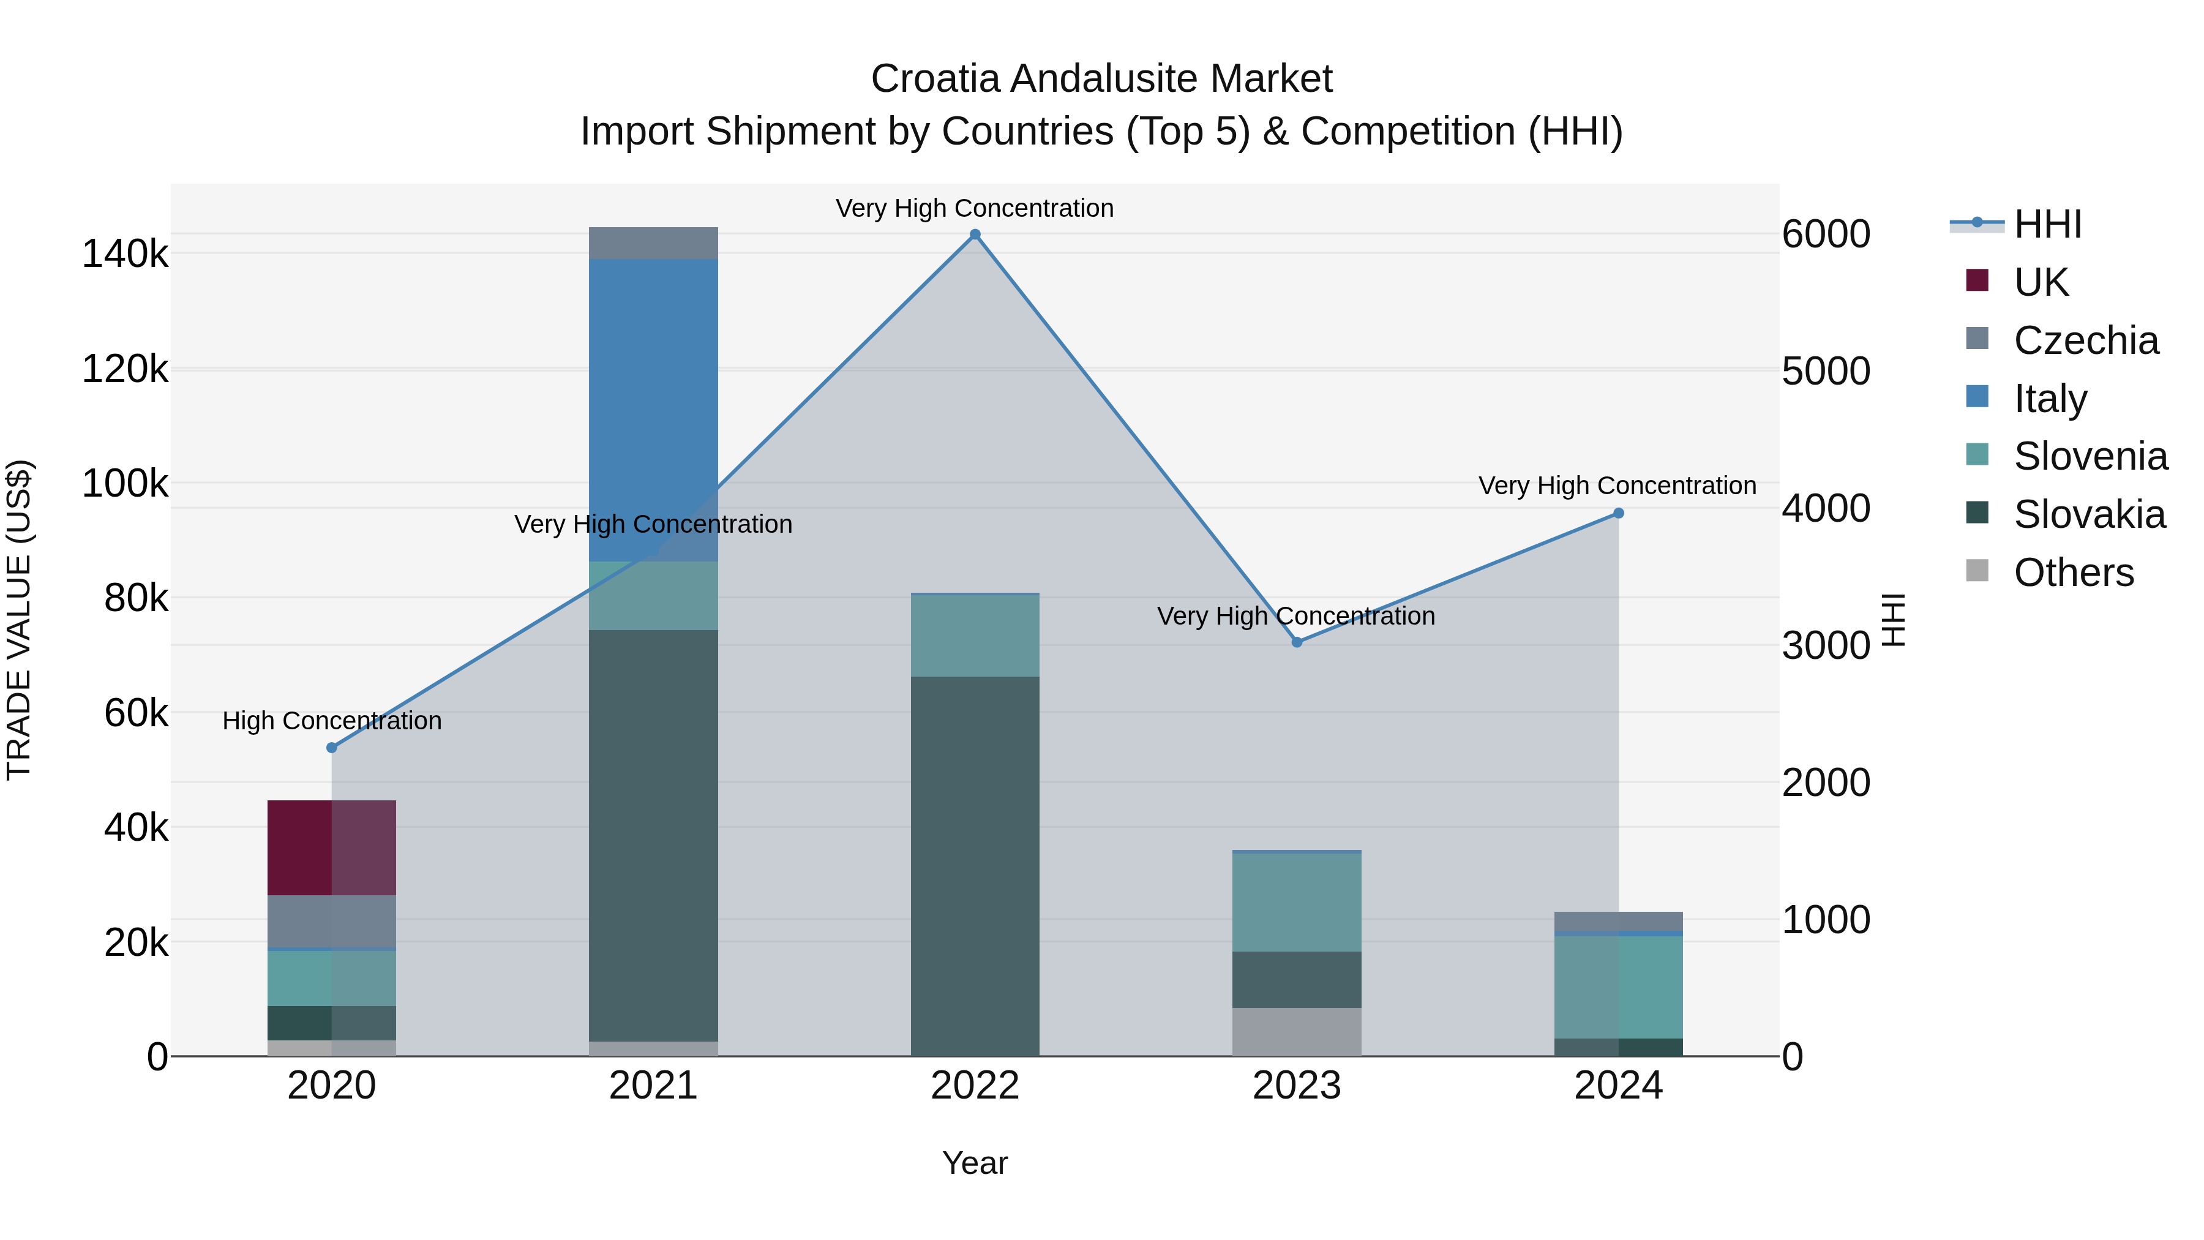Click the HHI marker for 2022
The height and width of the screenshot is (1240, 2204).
[975, 235]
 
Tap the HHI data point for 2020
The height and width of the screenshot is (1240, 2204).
[332, 748]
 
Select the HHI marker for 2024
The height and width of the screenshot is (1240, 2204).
[1618, 514]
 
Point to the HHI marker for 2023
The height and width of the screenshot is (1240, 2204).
[1296, 642]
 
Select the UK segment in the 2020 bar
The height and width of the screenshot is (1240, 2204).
[331, 847]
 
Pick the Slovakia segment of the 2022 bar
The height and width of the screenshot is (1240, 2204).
[975, 864]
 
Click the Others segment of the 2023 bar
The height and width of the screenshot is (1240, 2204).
[1296, 1031]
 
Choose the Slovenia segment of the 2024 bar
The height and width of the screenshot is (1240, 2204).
[1618, 986]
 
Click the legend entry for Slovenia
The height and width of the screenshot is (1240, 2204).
[2090, 456]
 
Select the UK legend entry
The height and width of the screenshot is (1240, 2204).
[2041, 282]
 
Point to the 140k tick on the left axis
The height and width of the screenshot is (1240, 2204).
[125, 254]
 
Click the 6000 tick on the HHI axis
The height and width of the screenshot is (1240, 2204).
[1826, 235]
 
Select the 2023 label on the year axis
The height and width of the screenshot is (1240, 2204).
[1296, 1086]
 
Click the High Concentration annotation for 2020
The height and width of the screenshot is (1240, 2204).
[332, 721]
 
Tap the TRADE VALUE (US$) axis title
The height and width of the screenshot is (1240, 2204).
[19, 620]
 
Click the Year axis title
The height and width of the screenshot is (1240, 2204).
[975, 1163]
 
